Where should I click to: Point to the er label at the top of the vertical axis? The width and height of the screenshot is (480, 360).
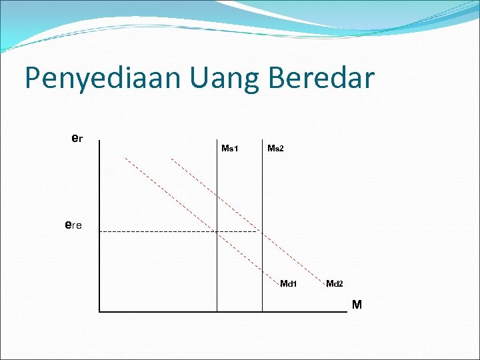pyautogui.click(x=77, y=139)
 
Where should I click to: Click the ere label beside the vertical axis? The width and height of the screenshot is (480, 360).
pyautogui.click(x=73, y=225)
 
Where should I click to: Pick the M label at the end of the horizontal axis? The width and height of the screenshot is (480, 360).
pyautogui.click(x=357, y=305)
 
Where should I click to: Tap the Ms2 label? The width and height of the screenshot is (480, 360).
pyautogui.click(x=275, y=148)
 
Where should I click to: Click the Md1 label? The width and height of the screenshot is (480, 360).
pyautogui.click(x=288, y=284)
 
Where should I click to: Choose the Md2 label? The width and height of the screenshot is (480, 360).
pyautogui.click(x=335, y=284)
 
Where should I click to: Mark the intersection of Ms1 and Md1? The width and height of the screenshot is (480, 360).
pyautogui.click(x=217, y=231)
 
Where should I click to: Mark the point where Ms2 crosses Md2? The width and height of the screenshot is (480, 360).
pyautogui.click(x=263, y=231)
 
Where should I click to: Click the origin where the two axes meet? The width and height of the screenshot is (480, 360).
pyautogui.click(x=99, y=311)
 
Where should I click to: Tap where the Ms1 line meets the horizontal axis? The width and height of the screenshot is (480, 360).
pyautogui.click(x=217, y=311)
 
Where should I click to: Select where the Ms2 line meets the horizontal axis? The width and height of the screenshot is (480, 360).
pyautogui.click(x=263, y=311)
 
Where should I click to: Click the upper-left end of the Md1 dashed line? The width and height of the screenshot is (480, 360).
pyautogui.click(x=126, y=158)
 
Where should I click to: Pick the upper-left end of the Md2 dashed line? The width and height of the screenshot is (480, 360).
pyautogui.click(x=171, y=159)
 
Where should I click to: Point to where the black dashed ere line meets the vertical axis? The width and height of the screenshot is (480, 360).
pyautogui.click(x=99, y=231)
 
